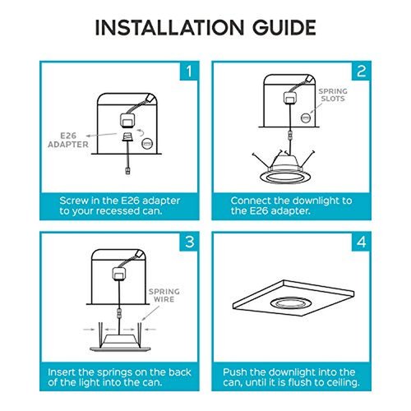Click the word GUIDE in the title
pos(284,28)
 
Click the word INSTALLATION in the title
pos(169,28)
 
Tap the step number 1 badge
pos(189,72)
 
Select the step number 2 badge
pos(361,72)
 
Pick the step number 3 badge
pos(189,242)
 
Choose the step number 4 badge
pos(361,242)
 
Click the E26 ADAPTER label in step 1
pos(68,140)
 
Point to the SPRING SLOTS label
pos(333,95)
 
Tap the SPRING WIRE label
pos(164,295)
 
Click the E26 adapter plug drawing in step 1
pos(127,136)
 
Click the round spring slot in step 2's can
pos(306,118)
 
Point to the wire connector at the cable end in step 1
pos(127,171)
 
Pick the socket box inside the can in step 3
pos(119,274)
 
